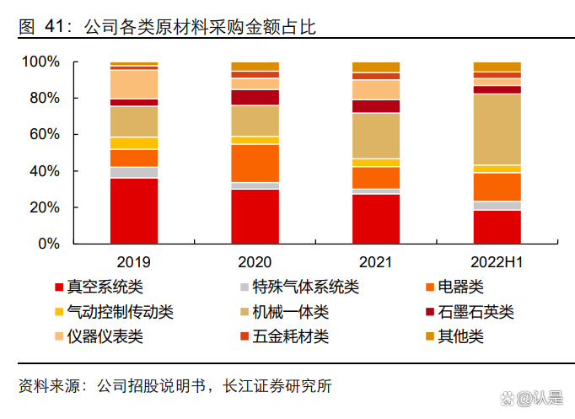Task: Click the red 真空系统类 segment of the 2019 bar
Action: coord(134,211)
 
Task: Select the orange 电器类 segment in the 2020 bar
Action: coord(255,163)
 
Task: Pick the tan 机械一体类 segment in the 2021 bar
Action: coord(376,135)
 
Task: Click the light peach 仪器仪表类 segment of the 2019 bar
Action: coord(134,84)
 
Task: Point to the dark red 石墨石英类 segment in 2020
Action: coord(255,97)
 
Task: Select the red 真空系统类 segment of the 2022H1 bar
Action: coord(497,227)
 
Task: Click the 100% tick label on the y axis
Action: coord(40,62)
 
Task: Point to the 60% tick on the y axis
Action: coord(44,135)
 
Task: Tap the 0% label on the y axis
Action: coord(48,244)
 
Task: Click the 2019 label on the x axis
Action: coord(134,262)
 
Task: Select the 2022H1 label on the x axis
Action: coord(497,262)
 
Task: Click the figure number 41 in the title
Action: coord(54,28)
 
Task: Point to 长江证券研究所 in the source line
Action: coord(277,386)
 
